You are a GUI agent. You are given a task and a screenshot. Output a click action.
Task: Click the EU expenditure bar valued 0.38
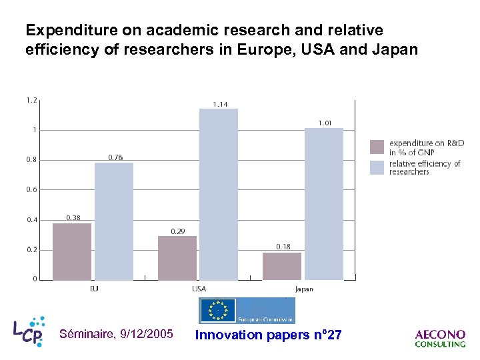(72, 251)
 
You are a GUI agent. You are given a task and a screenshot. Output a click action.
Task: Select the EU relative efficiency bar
(114, 221)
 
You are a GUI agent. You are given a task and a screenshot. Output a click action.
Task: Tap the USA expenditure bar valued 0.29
(177, 257)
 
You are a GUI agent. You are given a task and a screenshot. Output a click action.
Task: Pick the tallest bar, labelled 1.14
(219, 194)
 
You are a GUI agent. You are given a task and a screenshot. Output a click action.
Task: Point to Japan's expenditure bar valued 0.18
(282, 265)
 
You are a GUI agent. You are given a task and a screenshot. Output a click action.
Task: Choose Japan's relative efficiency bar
(324, 203)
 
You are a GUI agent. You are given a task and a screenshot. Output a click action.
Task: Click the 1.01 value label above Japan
(325, 123)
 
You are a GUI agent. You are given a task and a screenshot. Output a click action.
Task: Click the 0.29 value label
(178, 231)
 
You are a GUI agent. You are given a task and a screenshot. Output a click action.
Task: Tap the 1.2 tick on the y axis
(31, 101)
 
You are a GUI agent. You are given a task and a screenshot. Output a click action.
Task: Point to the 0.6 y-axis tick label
(31, 190)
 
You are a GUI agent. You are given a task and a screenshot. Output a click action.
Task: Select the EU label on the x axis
(94, 289)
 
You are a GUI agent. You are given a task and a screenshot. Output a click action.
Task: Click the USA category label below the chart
(199, 289)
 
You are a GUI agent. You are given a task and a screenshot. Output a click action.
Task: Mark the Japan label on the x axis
(303, 289)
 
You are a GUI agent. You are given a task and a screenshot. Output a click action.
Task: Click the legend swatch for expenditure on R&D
(377, 147)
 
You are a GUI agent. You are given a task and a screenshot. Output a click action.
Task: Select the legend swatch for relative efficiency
(377, 167)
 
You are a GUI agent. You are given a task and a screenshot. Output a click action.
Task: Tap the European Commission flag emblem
(218, 311)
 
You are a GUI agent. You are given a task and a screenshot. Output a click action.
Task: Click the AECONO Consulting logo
(440, 339)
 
